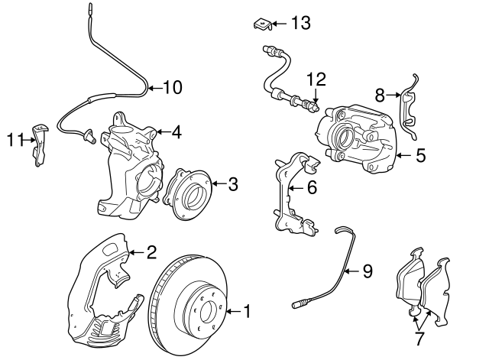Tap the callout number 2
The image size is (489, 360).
point(151,251)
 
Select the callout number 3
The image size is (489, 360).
point(233,183)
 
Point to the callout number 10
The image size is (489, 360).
point(173,87)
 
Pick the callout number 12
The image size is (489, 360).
point(316,79)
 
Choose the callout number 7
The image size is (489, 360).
point(420,337)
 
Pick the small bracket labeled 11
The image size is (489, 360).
point(38,142)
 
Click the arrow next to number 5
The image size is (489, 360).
point(404,157)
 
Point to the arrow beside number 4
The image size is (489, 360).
point(161,132)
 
